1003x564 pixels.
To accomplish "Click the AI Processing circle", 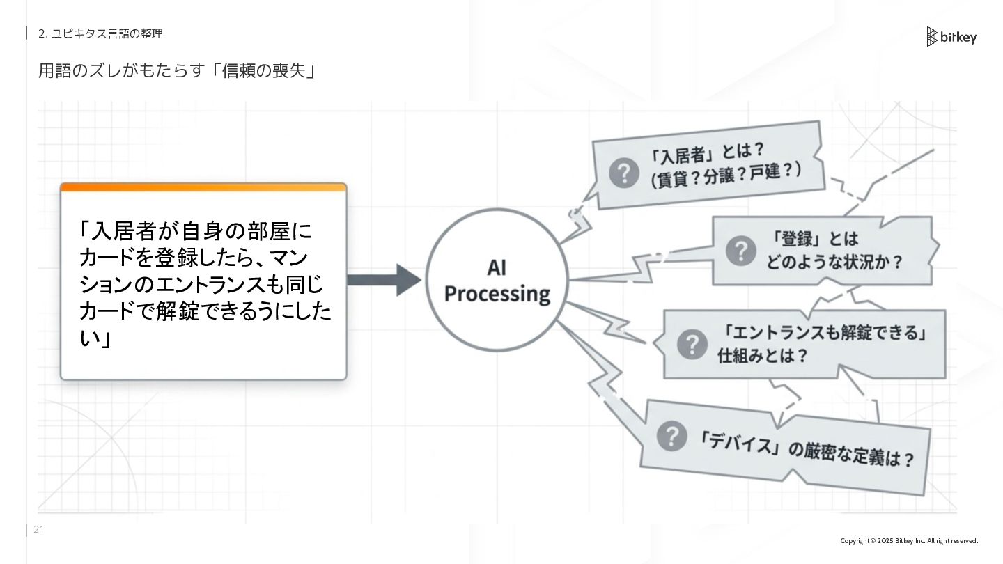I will (497, 280).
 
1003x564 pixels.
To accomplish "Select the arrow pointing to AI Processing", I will (383, 280).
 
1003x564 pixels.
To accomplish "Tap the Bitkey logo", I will (951, 37).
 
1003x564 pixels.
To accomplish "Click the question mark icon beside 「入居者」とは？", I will (623, 173).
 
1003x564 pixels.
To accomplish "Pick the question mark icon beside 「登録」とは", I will (740, 251).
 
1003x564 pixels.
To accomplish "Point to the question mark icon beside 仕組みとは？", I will (692, 344).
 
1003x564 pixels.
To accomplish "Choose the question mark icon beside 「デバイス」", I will (672, 436).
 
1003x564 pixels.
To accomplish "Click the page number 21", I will (38, 530).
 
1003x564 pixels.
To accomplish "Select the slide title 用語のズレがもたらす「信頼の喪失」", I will (177, 71).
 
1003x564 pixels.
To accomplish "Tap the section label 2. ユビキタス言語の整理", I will (100, 33).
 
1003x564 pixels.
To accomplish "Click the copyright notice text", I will (908, 541).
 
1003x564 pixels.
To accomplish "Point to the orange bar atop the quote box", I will (203, 187).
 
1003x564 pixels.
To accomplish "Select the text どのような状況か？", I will (834, 263).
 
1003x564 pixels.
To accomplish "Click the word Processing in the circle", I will (497, 294).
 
